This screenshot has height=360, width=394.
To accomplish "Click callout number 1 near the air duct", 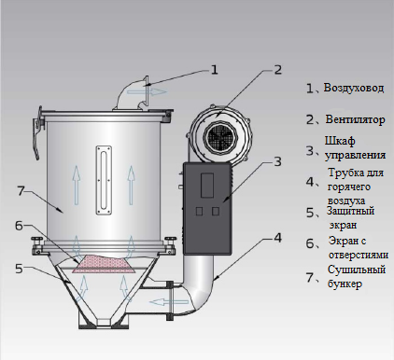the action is [215, 69].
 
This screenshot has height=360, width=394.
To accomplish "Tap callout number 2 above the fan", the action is [277, 69].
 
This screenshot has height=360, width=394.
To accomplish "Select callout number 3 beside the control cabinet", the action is [277, 161].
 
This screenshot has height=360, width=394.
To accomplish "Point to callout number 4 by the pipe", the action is [277, 238].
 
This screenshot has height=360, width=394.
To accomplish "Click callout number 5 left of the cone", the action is [19, 269].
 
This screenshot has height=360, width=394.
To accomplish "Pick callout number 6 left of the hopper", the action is [19, 226].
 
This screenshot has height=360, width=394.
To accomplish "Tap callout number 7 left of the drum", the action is [21, 190].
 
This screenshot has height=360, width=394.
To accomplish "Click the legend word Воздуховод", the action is [354, 88].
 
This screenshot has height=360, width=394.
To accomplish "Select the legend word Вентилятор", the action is [355, 119].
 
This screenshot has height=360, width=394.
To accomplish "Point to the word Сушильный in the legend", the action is [357, 270].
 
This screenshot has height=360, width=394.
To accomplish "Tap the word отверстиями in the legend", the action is [359, 255].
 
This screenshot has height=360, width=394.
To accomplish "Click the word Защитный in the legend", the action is [350, 212].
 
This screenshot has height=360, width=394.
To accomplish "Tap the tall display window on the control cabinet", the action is [207, 186].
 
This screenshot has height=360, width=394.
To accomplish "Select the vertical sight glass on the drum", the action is [104, 181].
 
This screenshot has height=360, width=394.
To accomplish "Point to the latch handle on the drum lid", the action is [36, 133].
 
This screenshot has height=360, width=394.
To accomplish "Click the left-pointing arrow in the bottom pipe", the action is [168, 301].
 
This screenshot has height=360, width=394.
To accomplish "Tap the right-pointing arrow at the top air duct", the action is [147, 91].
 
